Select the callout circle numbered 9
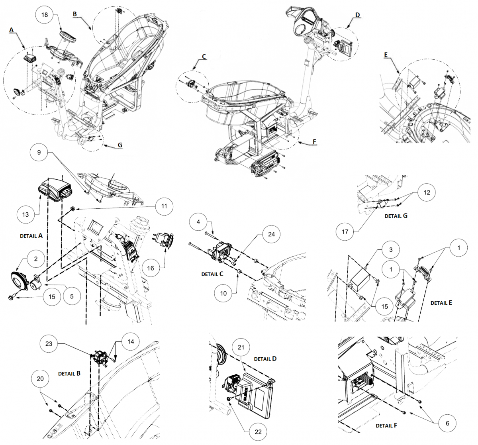pyautogui.click(x=39, y=152)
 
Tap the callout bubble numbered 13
pyautogui.click(x=25, y=214)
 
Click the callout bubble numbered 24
pyautogui.click(x=271, y=234)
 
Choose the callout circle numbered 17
pyautogui.click(x=345, y=231)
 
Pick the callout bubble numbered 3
pyautogui.click(x=391, y=249)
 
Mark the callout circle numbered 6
pyautogui.click(x=447, y=423)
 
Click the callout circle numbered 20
pyautogui.click(x=40, y=378)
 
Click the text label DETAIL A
pyautogui.click(x=31, y=236)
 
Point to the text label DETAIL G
pyautogui.click(x=396, y=216)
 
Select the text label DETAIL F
pyautogui.click(x=386, y=425)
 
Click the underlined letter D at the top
pyautogui.click(x=357, y=15)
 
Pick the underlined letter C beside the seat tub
pyautogui.click(x=204, y=57)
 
